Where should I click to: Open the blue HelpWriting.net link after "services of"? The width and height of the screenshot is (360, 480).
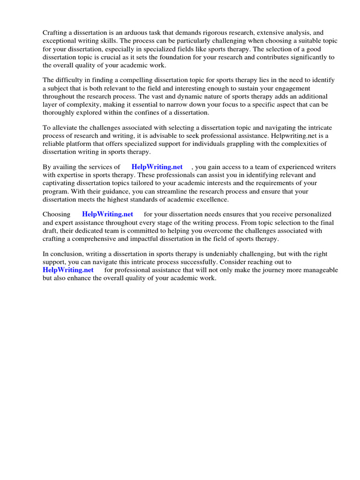click(x=157, y=167)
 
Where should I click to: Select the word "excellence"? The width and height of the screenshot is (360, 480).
click(x=212, y=199)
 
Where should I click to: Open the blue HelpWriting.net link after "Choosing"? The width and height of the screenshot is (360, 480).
click(x=107, y=214)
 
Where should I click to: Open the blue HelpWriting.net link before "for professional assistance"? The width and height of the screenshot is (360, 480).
click(x=68, y=270)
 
